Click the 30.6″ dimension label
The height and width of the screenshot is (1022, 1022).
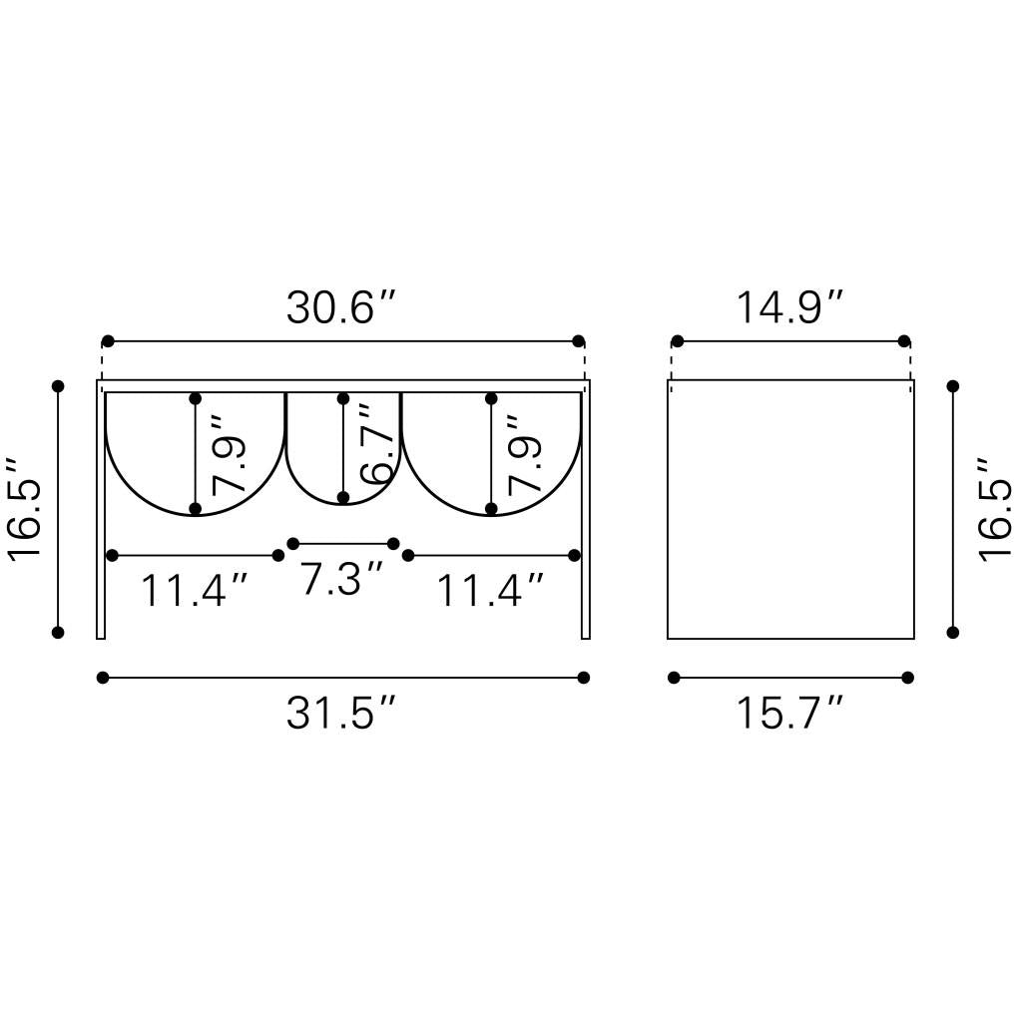click(x=341, y=307)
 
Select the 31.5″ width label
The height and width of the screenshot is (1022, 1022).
click(x=341, y=713)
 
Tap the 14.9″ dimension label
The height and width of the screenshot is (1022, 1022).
click(x=790, y=307)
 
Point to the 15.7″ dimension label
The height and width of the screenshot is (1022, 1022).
click(x=790, y=713)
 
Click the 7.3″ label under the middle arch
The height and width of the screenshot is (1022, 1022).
click(x=341, y=578)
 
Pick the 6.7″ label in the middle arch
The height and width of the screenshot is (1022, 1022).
click(x=378, y=444)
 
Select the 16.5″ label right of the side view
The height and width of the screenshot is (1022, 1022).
click(x=995, y=509)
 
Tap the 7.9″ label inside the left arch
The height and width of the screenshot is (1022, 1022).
click(x=229, y=454)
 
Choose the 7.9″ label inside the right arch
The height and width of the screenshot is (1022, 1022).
click(x=525, y=454)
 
